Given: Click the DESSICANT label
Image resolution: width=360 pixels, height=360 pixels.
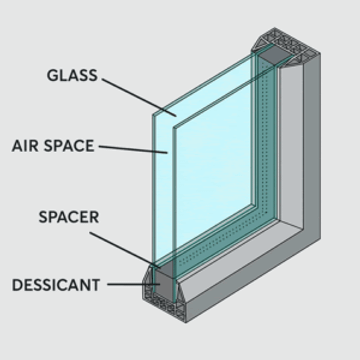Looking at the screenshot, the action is [x=56, y=285].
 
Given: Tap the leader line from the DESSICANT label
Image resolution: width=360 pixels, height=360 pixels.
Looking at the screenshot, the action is [x=125, y=285].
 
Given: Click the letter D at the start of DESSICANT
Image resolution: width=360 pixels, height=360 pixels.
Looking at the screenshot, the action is [x=17, y=285].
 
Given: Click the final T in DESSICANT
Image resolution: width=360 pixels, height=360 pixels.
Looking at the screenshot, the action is [x=96, y=285].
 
